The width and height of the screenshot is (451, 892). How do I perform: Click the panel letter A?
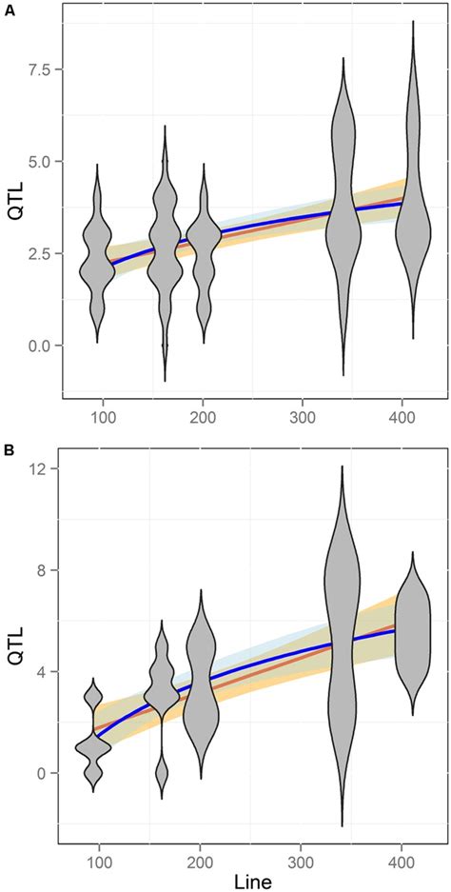8,9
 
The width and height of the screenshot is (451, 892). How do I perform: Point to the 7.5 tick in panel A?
37,70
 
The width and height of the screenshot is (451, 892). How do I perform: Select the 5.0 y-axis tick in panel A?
37,162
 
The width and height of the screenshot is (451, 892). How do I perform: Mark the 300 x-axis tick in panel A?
302,416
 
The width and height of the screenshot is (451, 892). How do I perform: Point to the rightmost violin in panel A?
413,190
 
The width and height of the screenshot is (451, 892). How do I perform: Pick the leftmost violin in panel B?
92,735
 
